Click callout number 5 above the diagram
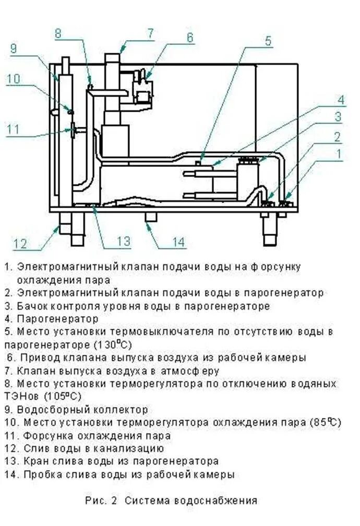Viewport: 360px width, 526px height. click(x=268, y=41)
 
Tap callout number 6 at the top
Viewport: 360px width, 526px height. click(x=189, y=37)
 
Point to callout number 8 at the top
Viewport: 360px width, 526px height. click(x=58, y=33)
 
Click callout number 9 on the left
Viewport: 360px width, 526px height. click(x=14, y=49)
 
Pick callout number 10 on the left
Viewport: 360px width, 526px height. click(x=14, y=78)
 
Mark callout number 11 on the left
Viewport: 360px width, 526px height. click(x=14, y=128)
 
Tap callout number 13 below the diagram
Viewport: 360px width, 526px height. click(x=123, y=241)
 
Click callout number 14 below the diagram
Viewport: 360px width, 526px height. click(x=178, y=242)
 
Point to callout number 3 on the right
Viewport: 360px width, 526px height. click(x=338, y=117)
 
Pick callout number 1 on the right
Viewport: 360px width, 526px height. click(x=340, y=154)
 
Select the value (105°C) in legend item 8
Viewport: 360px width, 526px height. click(x=57, y=396)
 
